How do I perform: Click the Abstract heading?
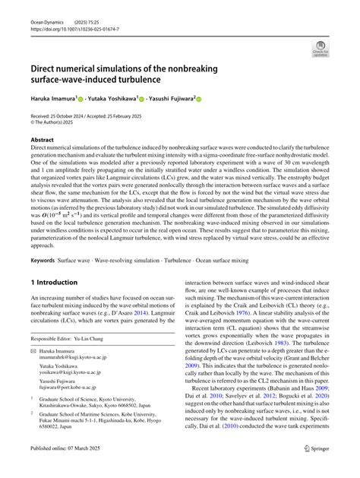[x=42, y=140]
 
